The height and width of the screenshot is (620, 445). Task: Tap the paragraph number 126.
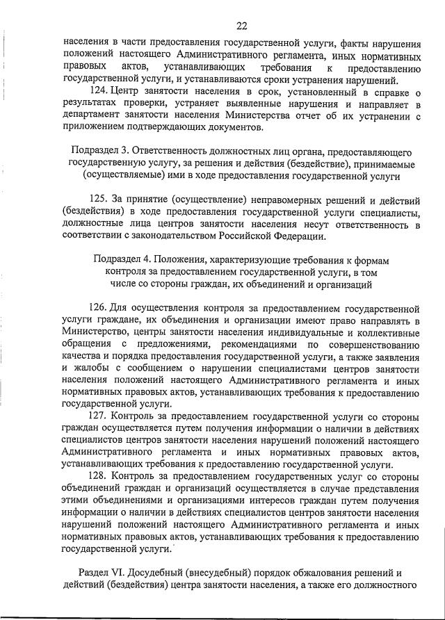click(100, 307)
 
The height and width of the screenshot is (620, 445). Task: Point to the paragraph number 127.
click(100, 416)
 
